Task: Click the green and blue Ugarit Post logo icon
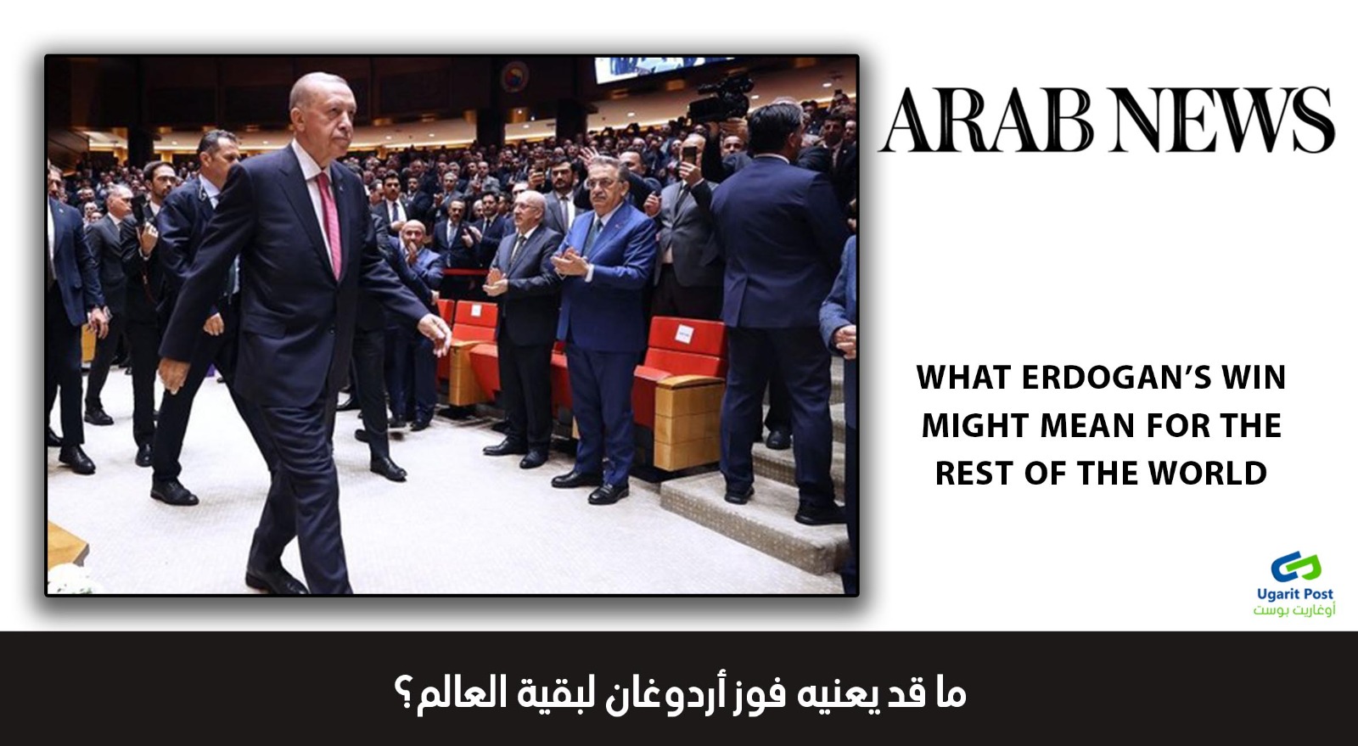click(x=1295, y=568)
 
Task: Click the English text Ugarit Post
click(x=1295, y=594)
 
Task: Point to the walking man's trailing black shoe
click(x=276, y=581)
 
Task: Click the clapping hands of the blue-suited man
click(x=570, y=263)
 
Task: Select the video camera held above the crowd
click(x=721, y=101)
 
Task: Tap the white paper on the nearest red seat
click(x=684, y=334)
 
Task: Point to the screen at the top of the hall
click(x=664, y=69)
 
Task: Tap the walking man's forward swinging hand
click(x=436, y=332)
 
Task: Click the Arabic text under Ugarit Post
click(x=1293, y=609)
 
